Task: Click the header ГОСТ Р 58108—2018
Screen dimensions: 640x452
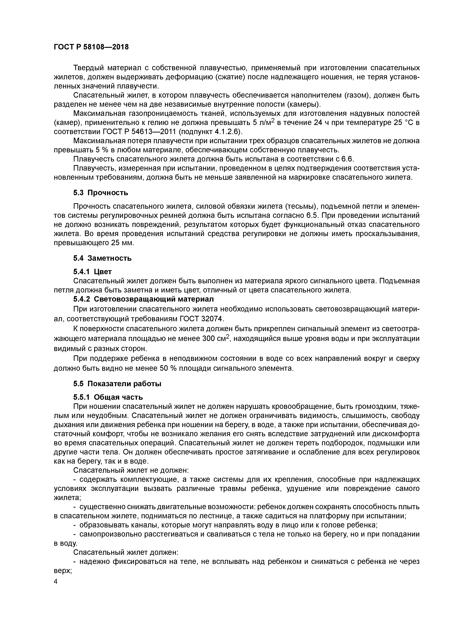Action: (91, 47)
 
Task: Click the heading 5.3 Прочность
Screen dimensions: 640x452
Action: (101, 193)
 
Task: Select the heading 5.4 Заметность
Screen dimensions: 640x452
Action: (102, 258)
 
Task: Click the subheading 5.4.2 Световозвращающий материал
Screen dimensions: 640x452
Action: (143, 299)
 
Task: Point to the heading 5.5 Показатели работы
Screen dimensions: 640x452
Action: (117, 384)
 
